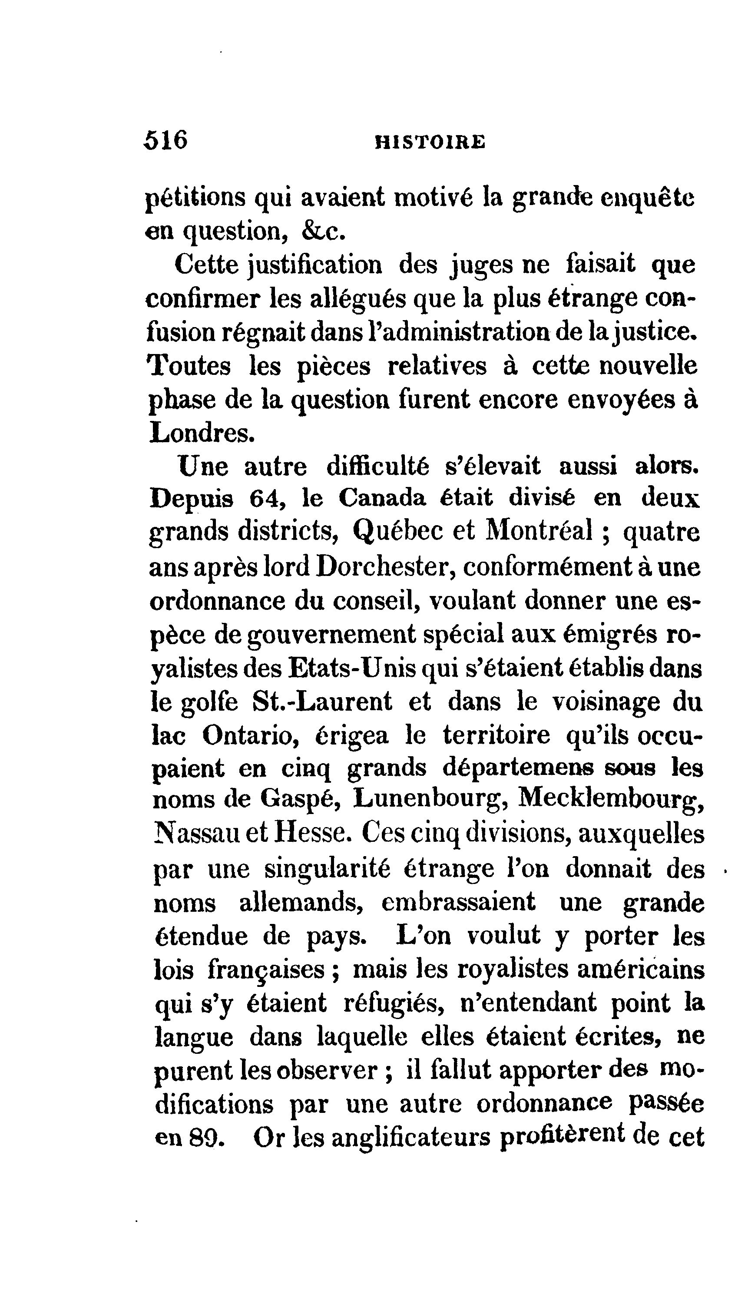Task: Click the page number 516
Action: tap(166, 140)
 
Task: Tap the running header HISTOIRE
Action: tap(430, 142)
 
